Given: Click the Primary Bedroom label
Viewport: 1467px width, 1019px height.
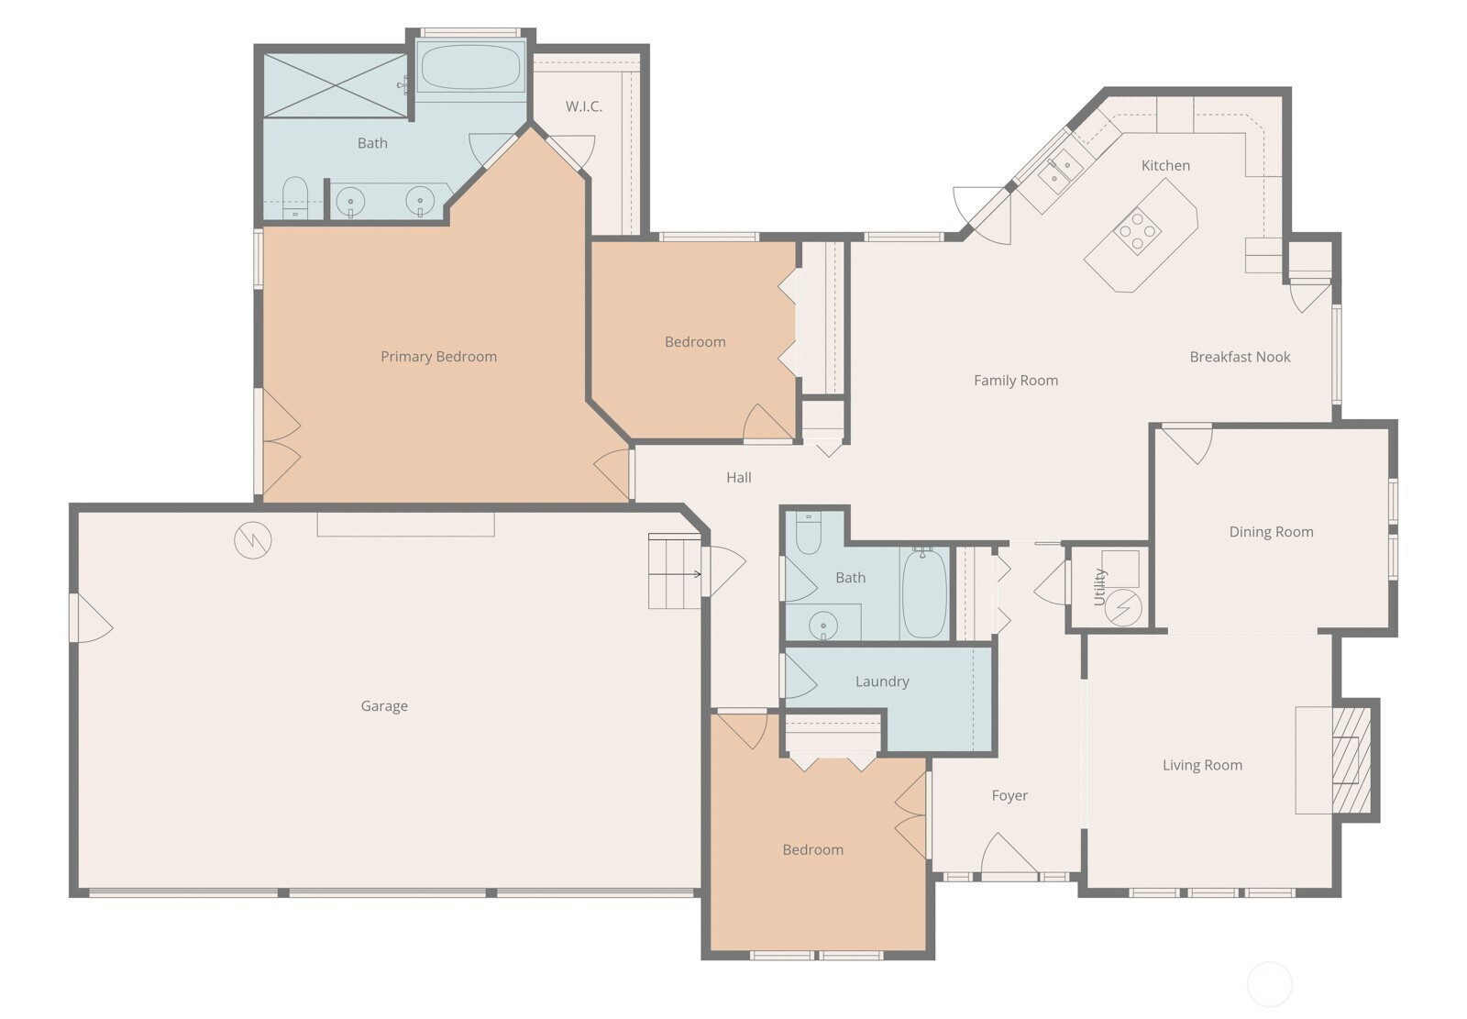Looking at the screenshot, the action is point(439,357).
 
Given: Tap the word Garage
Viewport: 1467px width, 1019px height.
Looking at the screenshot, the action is point(384,705).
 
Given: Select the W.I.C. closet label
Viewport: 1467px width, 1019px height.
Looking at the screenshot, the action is point(583,106).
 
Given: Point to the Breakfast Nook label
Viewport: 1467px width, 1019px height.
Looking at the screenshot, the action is point(1240,357).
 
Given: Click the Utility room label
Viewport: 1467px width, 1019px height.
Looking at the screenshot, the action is point(1100,586).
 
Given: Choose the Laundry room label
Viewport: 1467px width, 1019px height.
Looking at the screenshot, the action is point(882,681).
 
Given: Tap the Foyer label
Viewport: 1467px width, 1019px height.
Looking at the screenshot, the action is point(1009,795).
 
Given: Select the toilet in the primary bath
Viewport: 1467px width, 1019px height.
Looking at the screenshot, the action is point(295,197).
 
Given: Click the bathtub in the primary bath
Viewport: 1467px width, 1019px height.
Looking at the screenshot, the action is point(471,66).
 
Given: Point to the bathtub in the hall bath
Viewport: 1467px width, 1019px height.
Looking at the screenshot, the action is point(924,593).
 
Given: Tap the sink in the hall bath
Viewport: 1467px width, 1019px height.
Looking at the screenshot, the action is point(823,626).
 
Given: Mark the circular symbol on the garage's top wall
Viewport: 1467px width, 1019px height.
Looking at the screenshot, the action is point(253,540).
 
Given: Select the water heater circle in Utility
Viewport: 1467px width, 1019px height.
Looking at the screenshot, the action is point(1123,607).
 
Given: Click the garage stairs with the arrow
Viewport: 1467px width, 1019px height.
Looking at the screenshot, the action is point(675,570).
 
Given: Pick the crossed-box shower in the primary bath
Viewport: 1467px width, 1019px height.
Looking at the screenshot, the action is point(336,86).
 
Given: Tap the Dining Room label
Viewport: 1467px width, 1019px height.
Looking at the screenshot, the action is point(1271,532).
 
